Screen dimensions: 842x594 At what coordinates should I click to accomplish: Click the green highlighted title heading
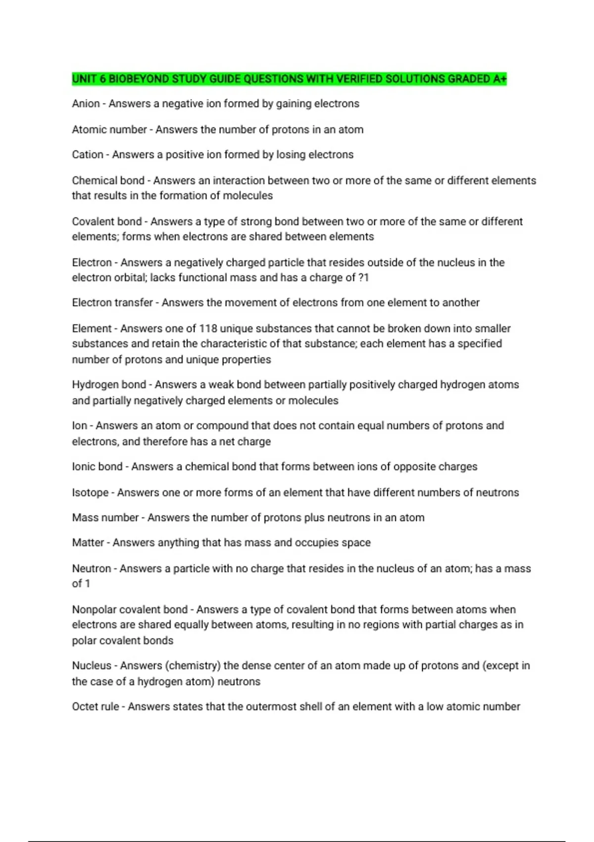click(x=289, y=79)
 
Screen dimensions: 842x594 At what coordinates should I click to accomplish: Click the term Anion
click(x=86, y=104)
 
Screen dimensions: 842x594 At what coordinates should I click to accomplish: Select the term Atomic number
click(x=109, y=130)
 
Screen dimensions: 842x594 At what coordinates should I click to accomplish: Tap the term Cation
click(x=88, y=155)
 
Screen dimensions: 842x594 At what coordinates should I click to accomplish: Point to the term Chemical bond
click(x=108, y=181)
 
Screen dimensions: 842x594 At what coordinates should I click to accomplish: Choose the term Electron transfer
click(x=112, y=303)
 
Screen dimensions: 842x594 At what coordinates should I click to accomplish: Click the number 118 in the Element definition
click(x=208, y=329)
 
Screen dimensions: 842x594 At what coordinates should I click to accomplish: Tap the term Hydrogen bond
click(x=109, y=385)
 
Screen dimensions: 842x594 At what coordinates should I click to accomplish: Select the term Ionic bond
click(x=97, y=467)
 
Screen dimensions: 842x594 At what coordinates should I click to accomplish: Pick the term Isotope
click(x=90, y=493)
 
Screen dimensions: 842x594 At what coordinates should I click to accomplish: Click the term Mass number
click(x=105, y=518)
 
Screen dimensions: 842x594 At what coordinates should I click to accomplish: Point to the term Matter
click(x=88, y=543)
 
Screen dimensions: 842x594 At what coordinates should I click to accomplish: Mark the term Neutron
click(x=91, y=569)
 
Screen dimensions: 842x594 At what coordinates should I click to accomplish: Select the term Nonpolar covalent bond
click(x=130, y=610)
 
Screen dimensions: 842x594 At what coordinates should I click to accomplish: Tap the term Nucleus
click(x=92, y=666)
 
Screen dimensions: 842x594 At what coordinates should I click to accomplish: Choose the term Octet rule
click(x=95, y=707)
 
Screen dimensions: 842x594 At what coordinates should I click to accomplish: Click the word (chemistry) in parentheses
click(x=195, y=666)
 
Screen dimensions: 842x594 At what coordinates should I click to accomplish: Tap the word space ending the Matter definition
click(x=356, y=543)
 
